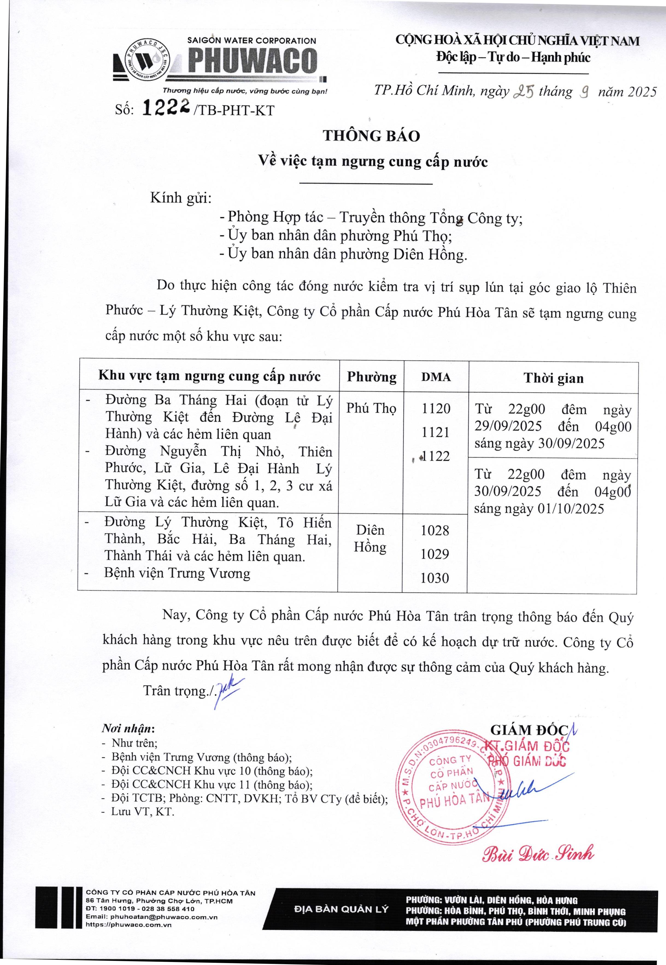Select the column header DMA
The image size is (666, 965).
[x=436, y=377]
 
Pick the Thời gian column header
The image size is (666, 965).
[x=553, y=378]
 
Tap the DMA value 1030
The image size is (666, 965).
[x=435, y=578]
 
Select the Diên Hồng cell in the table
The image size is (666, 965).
[x=370, y=539]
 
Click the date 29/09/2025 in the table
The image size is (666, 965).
[x=508, y=426]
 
